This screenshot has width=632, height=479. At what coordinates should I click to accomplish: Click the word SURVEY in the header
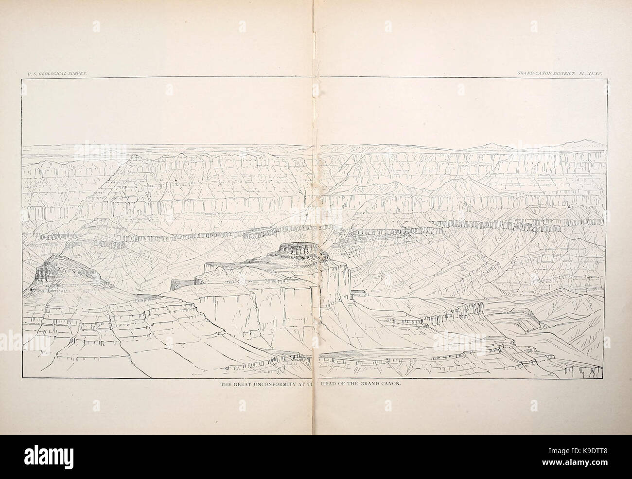click(x=76, y=72)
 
